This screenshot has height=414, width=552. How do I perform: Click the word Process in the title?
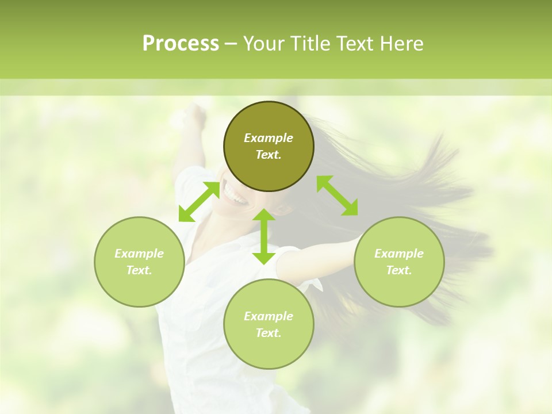[181, 44]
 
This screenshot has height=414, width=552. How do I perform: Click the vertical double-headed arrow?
[264, 236]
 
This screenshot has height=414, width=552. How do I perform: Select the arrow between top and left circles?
[199, 202]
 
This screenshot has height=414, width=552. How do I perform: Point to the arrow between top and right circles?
[337, 195]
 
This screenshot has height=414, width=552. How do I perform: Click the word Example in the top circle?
[269, 138]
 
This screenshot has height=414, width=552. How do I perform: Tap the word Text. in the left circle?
[139, 270]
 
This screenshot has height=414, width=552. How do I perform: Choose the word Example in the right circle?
[399, 254]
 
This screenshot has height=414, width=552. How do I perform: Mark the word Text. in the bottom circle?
[269, 333]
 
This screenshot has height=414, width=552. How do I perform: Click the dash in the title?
[231, 44]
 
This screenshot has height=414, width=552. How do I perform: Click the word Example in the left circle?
[139, 254]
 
